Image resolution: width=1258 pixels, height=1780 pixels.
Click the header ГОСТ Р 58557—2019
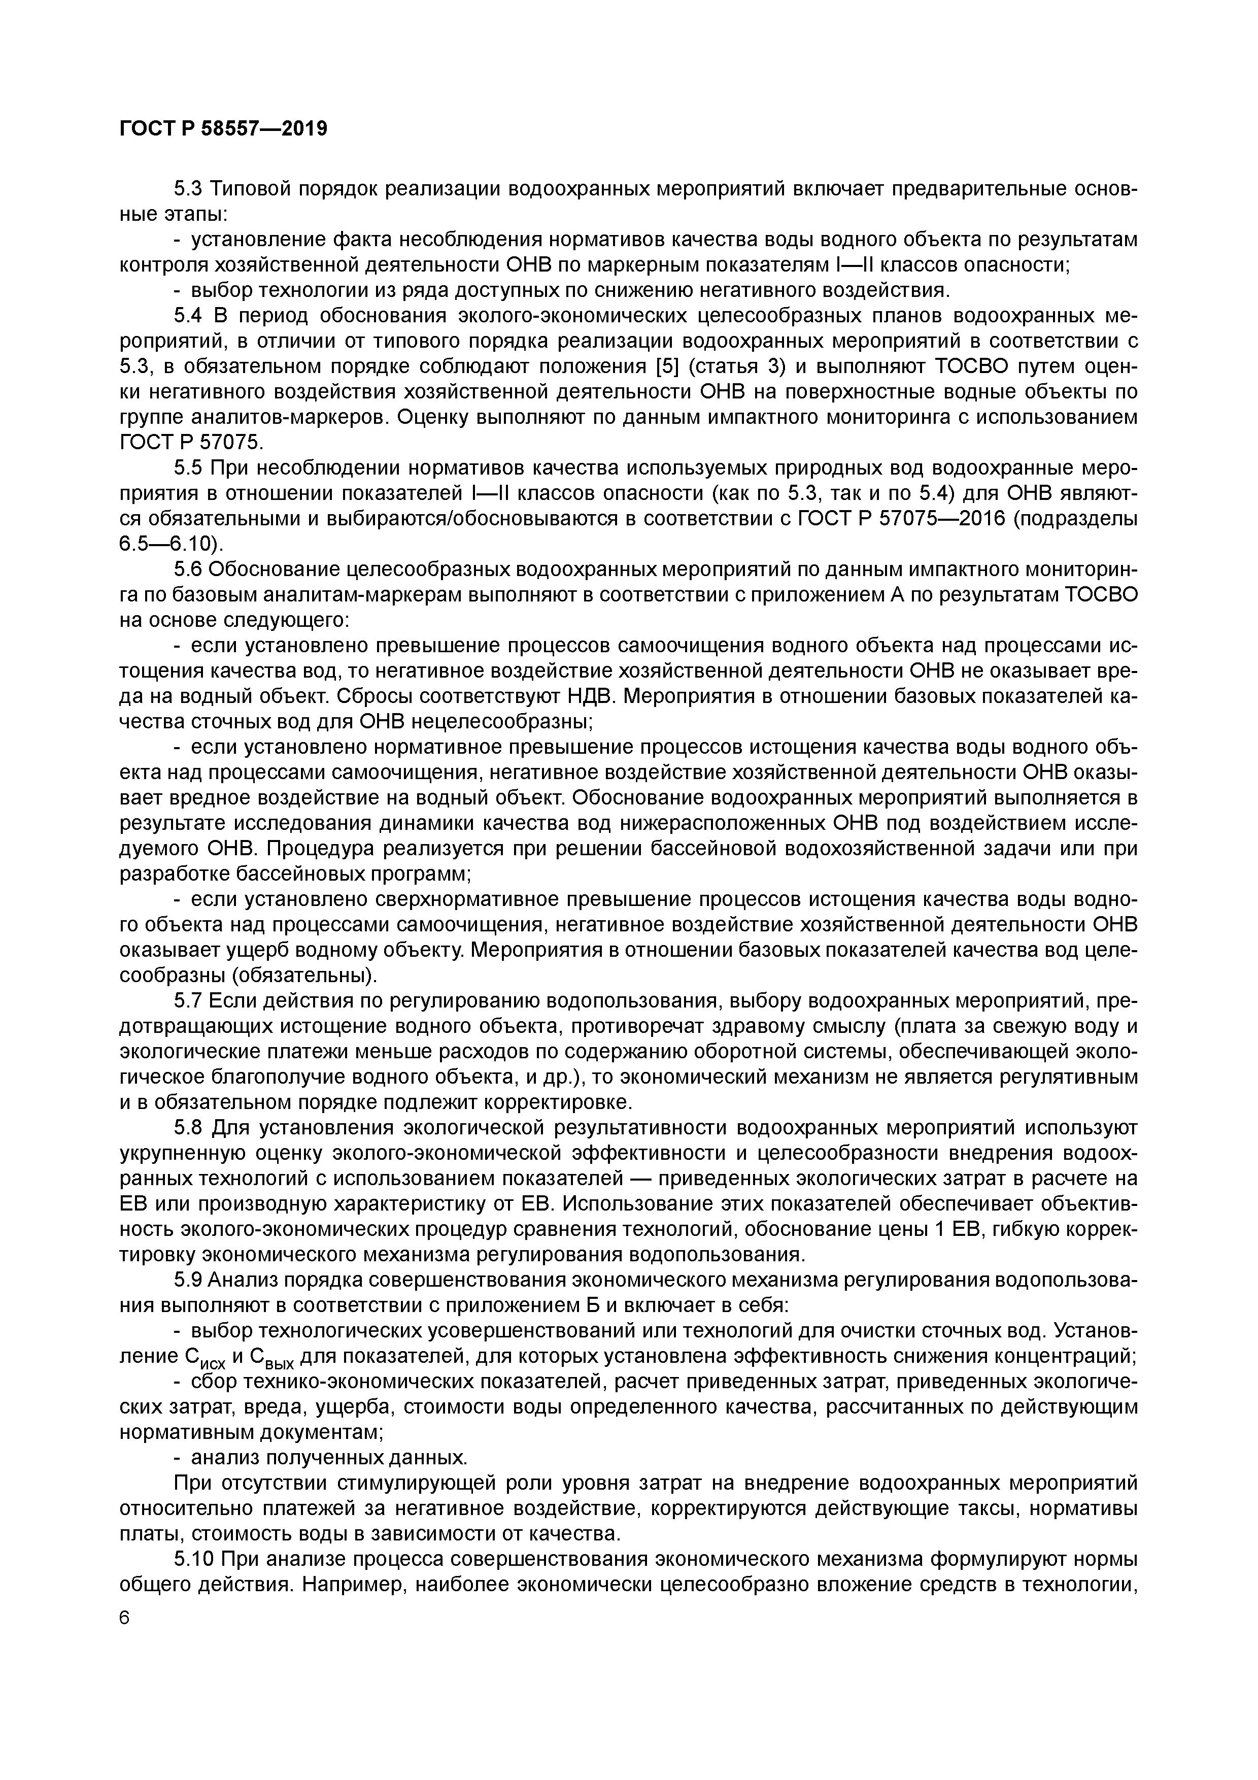coord(223,129)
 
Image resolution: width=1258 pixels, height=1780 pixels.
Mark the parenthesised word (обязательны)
coord(249,976)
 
